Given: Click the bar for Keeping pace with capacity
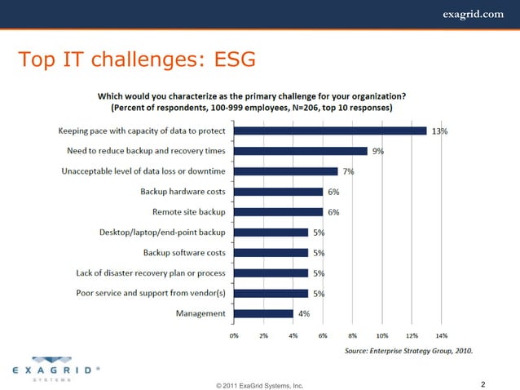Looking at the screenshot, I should tap(330, 131).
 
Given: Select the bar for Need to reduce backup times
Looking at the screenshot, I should tap(301, 151).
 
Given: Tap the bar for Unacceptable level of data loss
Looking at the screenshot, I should tap(285, 171).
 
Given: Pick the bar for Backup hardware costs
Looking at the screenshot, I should tap(278, 192).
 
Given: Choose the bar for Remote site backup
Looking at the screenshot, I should tap(278, 212).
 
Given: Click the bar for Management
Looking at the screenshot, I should tap(263, 313).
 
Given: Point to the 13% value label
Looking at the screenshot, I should tap(439, 131).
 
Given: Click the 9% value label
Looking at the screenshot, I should tap(378, 152).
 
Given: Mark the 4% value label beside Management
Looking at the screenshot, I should tap(303, 314).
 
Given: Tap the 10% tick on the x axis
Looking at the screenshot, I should tap(381, 335).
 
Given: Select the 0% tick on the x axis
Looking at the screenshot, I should tap(234, 335).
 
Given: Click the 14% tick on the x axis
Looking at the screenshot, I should tap(441, 335).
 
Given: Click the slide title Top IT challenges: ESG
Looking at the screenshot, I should tap(136, 59).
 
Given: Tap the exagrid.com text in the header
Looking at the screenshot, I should tap(473, 13).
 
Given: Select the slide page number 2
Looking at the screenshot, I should tap(483, 383).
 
